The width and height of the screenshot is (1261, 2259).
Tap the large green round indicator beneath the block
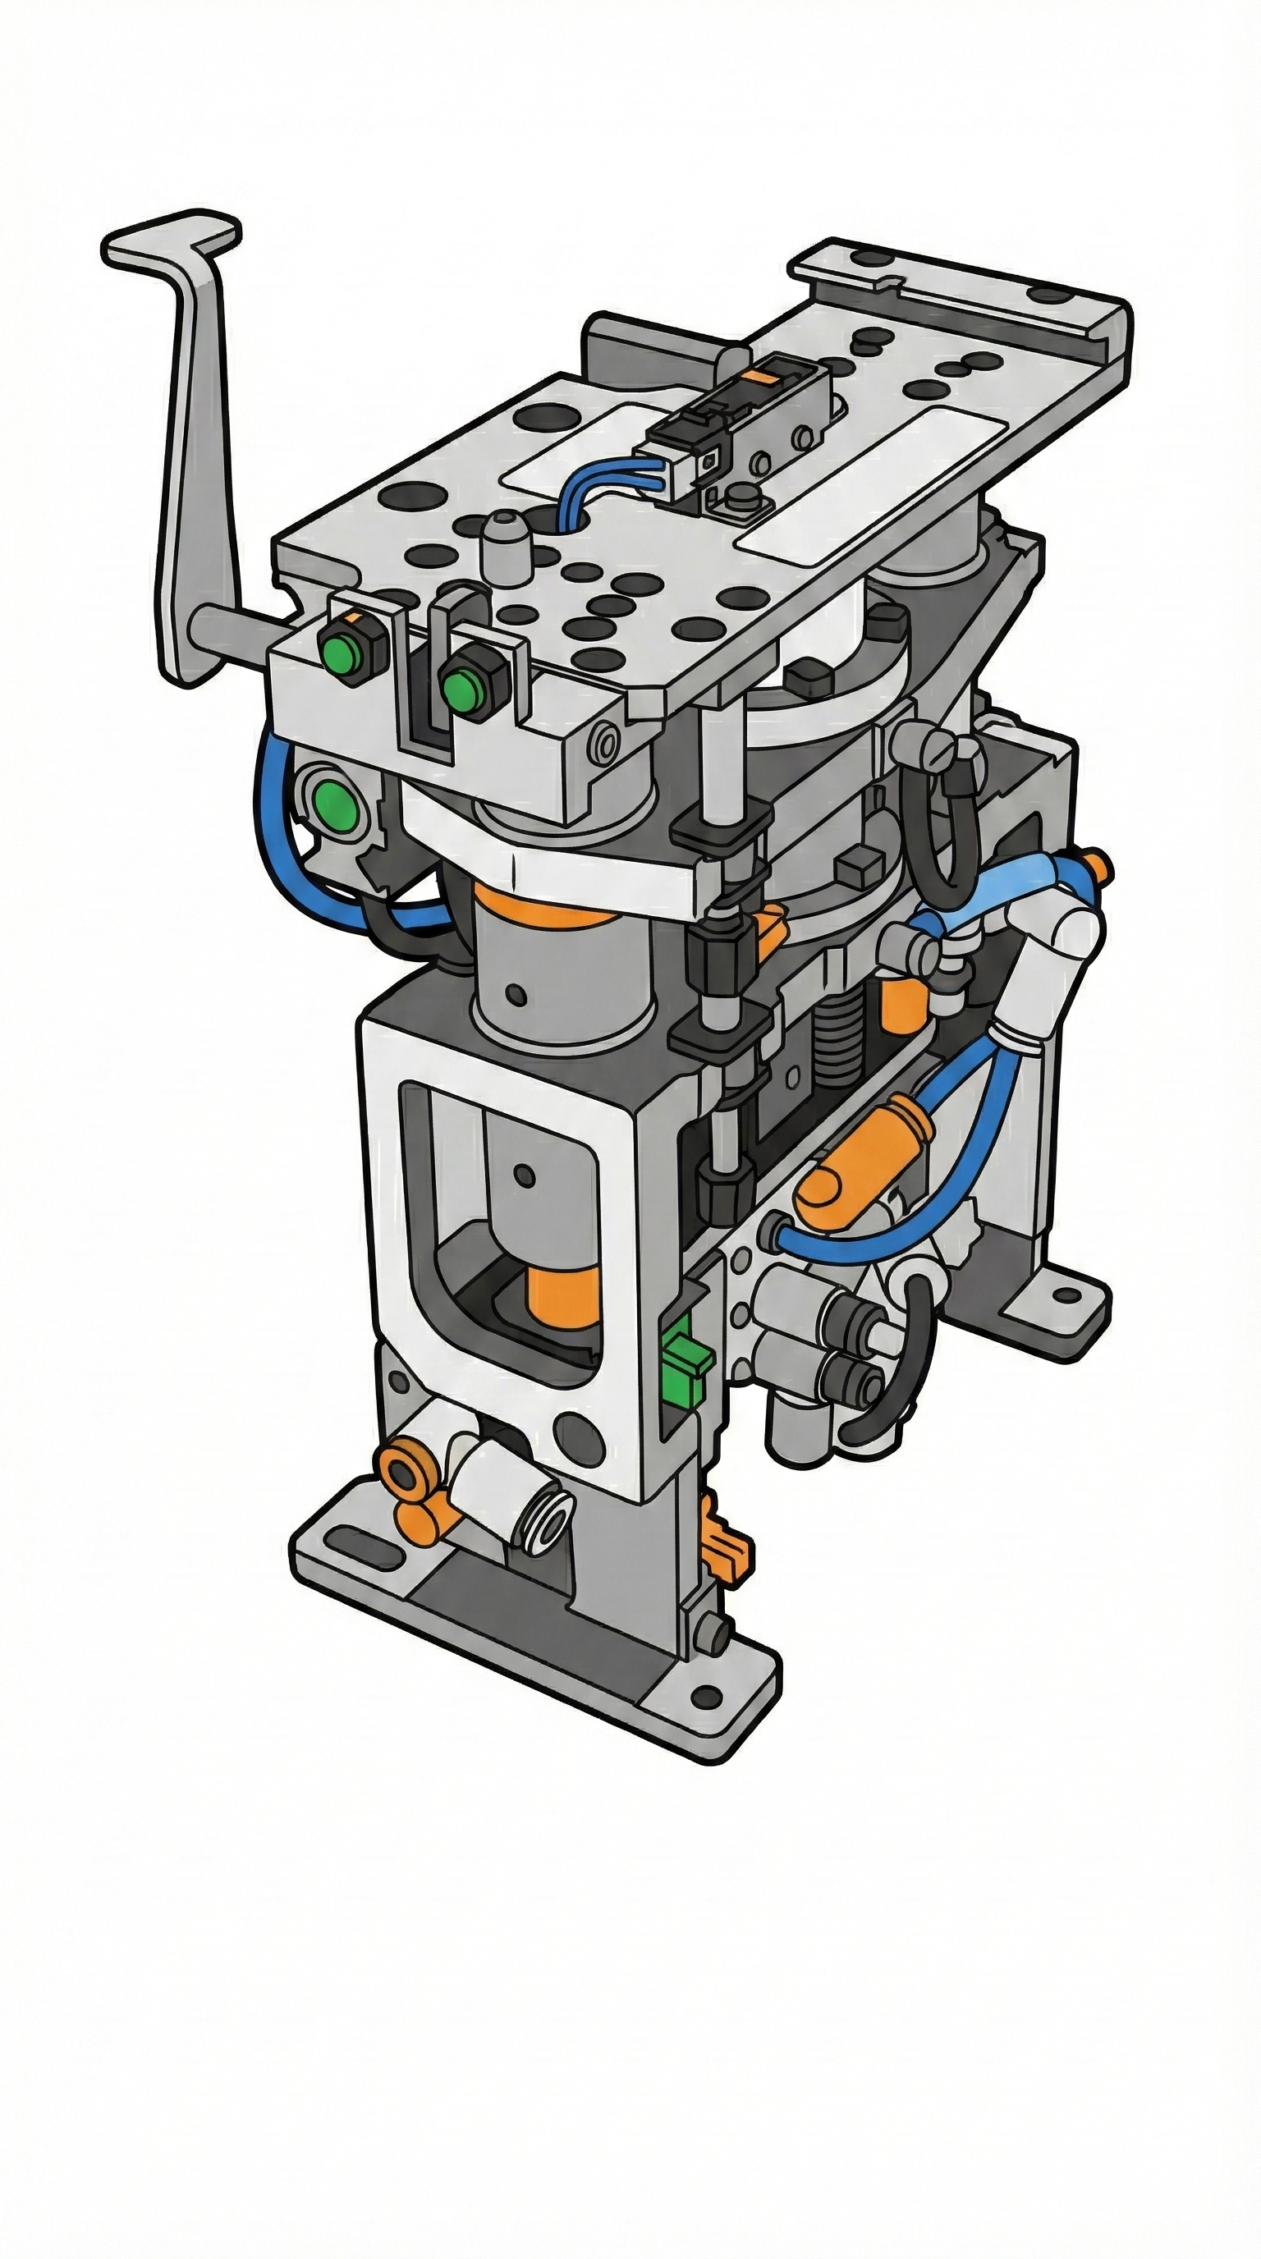point(334,797)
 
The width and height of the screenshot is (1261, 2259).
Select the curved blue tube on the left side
point(272,842)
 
